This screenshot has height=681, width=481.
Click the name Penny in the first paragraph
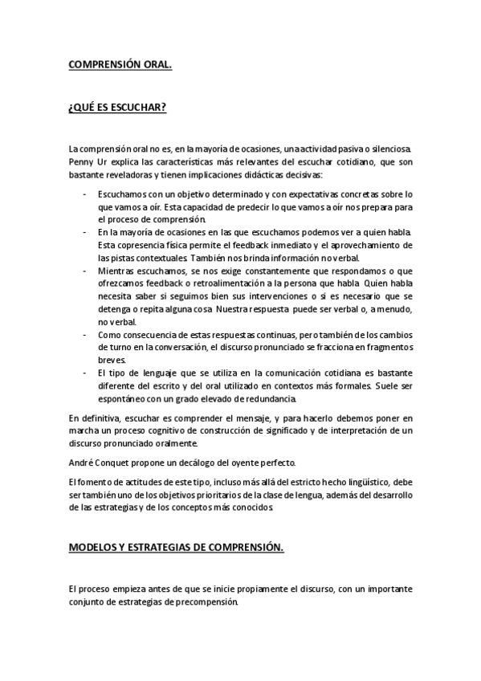click(81, 161)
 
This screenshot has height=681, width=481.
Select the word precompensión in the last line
click(207, 601)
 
